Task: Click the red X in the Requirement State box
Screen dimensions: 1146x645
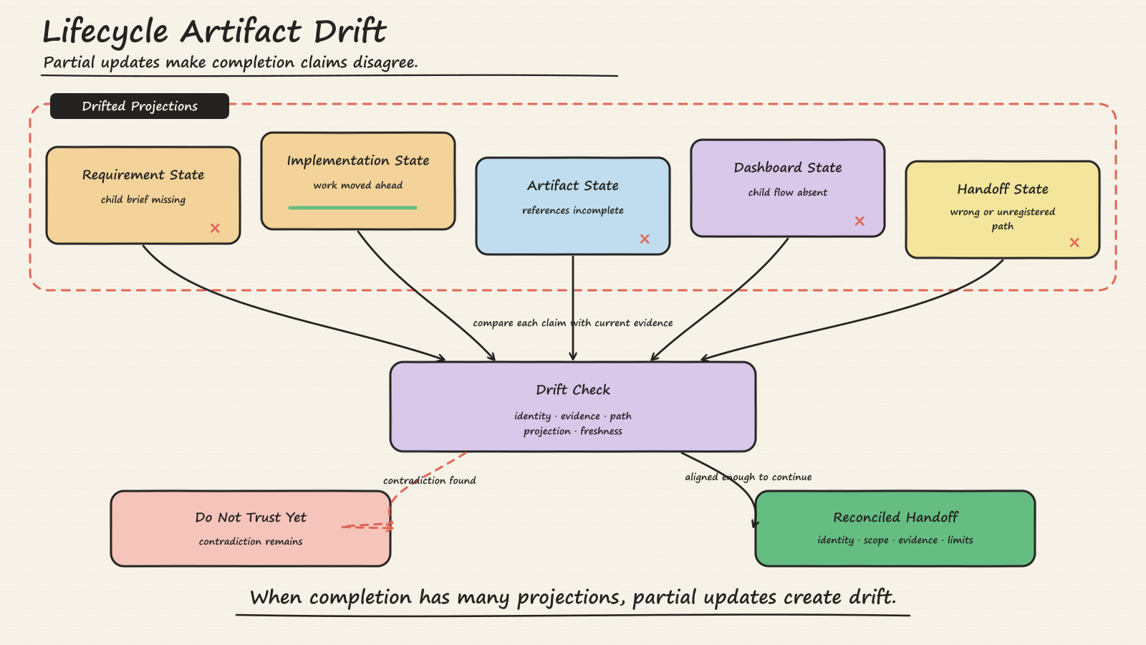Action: point(215,229)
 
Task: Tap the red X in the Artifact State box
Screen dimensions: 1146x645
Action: point(645,239)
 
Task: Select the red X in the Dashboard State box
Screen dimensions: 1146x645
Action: point(860,221)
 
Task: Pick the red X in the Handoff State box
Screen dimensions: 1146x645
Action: point(1074,243)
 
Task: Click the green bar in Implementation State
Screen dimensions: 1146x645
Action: point(352,208)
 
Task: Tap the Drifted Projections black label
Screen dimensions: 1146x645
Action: point(140,106)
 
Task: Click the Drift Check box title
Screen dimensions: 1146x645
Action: point(573,390)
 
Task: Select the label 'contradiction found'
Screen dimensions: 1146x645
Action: point(429,480)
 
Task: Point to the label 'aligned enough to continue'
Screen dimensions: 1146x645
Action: point(748,477)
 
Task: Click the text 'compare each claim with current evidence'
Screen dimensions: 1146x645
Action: point(572,323)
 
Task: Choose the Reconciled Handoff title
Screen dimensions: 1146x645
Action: point(895,517)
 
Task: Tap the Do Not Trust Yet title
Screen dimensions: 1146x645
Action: point(251,517)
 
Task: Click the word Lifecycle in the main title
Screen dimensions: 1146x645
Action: point(105,32)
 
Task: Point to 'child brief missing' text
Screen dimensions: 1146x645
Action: point(143,200)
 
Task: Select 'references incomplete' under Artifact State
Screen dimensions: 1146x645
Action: point(573,211)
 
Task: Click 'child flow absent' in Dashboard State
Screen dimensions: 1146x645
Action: point(788,193)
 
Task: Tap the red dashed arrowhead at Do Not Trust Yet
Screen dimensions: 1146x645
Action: point(390,527)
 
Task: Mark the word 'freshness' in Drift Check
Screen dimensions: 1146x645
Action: point(601,431)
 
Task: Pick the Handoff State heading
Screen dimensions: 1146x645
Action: point(1003,189)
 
